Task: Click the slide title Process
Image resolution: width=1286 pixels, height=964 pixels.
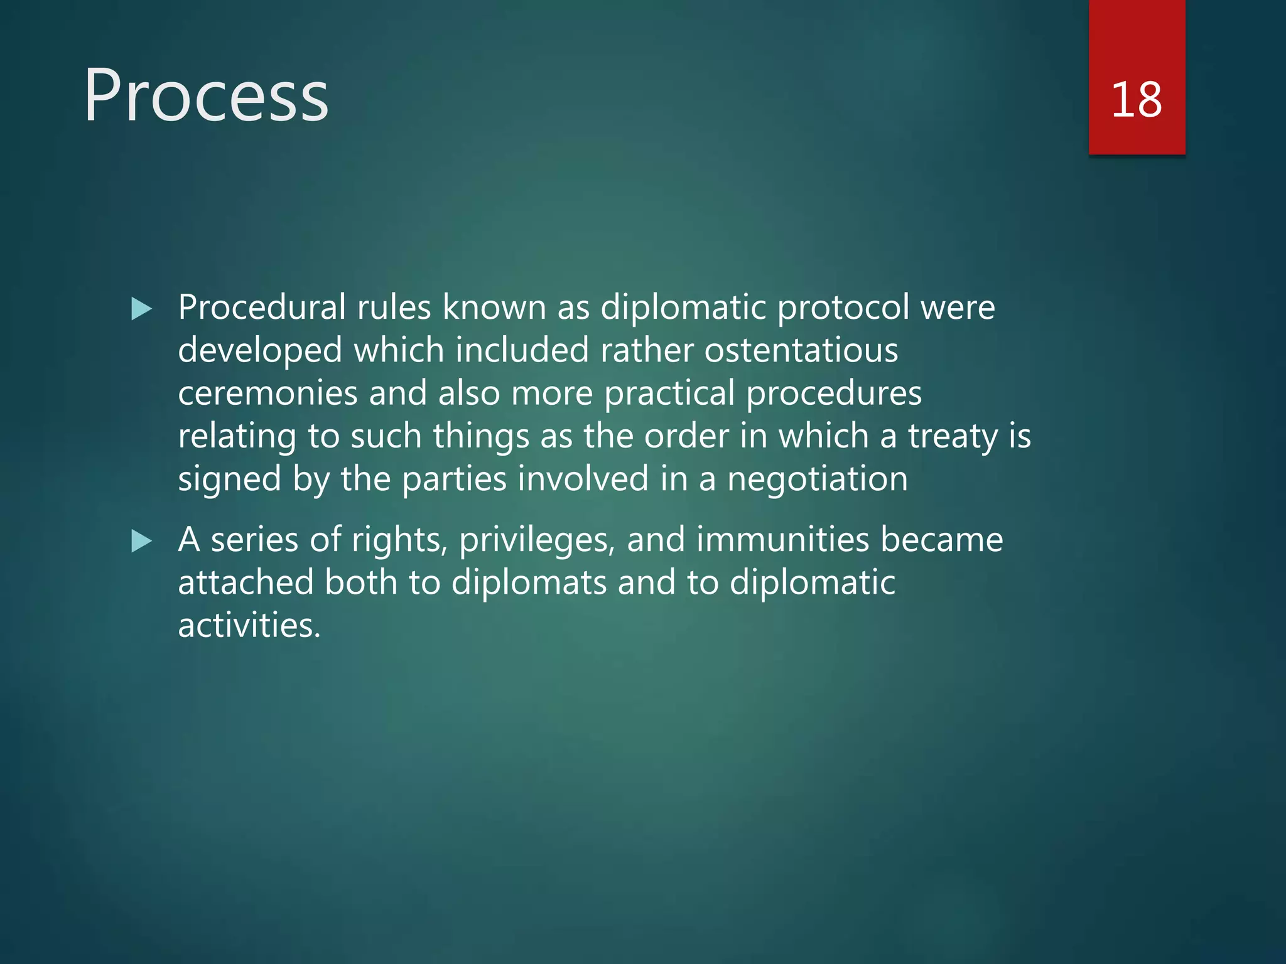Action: [x=206, y=95]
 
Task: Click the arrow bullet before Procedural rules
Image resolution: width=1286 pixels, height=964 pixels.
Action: [x=142, y=309]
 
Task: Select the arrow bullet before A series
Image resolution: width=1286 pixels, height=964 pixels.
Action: [x=142, y=541]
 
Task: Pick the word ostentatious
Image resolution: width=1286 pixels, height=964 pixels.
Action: [x=801, y=350]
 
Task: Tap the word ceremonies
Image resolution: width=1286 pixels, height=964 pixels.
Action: [x=267, y=394]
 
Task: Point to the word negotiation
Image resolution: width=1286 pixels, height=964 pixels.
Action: [x=817, y=479]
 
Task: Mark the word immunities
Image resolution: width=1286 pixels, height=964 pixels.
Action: [x=782, y=540]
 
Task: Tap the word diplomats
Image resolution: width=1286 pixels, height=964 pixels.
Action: [x=529, y=583]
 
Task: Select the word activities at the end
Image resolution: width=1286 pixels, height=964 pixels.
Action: [x=249, y=625]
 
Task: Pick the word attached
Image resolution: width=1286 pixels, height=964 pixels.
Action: [x=246, y=582]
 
